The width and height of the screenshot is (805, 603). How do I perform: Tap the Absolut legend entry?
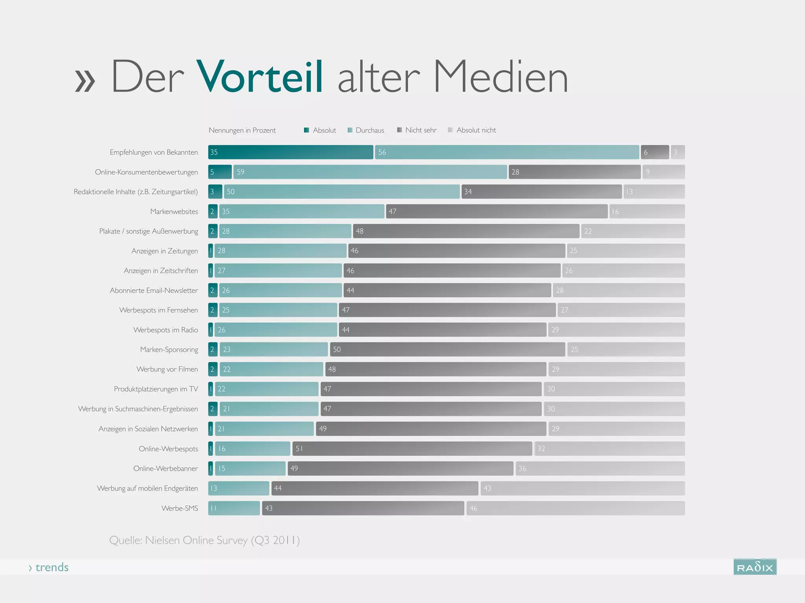point(320,130)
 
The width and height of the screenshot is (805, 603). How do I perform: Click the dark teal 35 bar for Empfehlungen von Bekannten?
point(290,152)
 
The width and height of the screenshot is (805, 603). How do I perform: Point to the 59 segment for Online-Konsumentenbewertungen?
point(370,172)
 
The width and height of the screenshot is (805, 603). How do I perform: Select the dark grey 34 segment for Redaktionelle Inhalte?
point(541,192)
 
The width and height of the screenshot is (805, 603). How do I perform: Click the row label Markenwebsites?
point(174,212)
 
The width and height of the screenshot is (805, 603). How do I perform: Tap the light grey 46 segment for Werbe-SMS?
point(575,508)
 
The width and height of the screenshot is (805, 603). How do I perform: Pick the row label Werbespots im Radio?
point(165,330)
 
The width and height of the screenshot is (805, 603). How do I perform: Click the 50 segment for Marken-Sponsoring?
point(447,349)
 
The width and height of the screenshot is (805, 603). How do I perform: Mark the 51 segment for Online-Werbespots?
point(412,449)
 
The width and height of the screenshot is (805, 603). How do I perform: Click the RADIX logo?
point(755,567)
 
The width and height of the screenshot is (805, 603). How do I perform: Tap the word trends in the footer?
point(51,567)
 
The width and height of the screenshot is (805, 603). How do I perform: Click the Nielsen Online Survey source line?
point(204,540)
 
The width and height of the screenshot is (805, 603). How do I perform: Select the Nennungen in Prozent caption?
point(242,130)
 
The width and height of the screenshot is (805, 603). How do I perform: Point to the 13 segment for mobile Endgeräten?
point(239,488)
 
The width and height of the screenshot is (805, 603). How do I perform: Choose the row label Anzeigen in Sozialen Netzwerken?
point(148,429)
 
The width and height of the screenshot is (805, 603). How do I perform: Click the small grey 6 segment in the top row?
point(654,152)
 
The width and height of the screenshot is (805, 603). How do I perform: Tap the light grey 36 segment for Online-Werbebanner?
point(600,468)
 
